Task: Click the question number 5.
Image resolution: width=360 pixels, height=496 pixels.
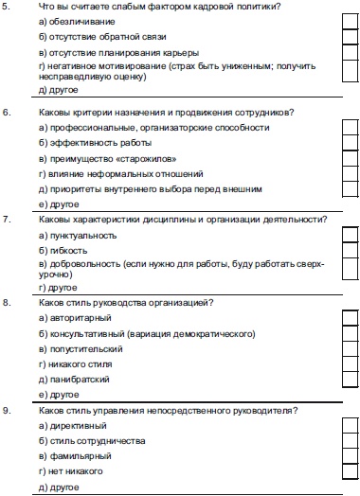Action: [8, 8]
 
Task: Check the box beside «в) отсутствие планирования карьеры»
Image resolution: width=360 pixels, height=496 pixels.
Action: [350, 53]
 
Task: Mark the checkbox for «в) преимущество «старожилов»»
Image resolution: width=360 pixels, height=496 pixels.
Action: [350, 158]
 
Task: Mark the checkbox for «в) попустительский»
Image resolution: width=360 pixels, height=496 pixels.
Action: [350, 348]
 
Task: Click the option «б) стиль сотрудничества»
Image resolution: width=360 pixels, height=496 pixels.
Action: [92, 441]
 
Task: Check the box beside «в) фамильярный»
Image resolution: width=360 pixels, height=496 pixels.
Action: [350, 456]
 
